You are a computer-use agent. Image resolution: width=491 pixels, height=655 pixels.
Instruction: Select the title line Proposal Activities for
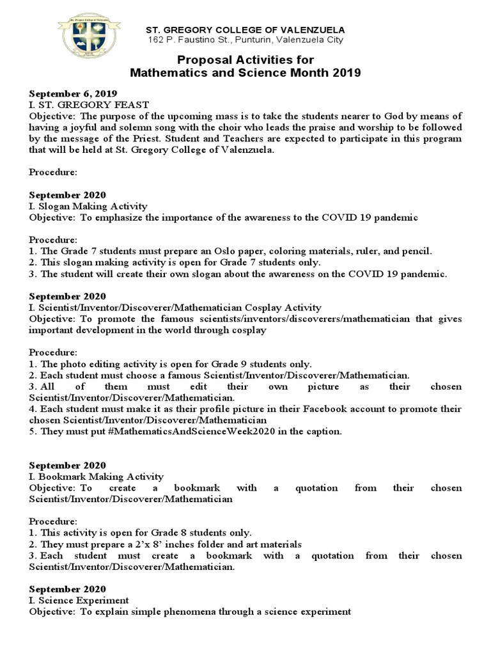click(245, 59)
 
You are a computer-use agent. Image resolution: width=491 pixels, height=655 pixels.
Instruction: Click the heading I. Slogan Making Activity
click(88, 206)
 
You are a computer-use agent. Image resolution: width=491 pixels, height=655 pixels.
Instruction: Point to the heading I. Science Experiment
click(79, 600)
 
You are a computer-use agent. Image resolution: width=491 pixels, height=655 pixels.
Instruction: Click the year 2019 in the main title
click(347, 73)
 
